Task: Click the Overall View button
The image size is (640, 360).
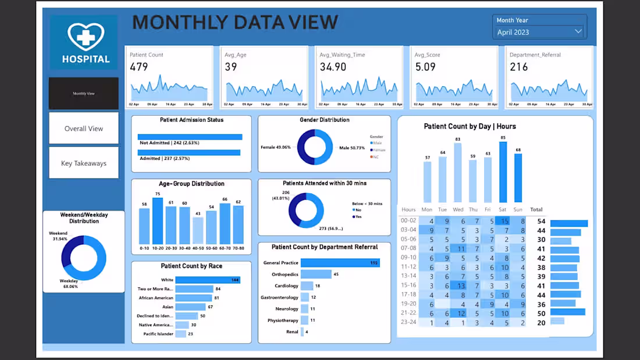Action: click(84, 129)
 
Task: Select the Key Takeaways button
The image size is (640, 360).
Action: click(84, 163)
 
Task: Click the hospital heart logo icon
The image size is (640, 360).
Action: click(86, 36)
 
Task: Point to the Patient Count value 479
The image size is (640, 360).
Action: click(139, 67)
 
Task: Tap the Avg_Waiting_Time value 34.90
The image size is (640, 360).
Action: click(333, 67)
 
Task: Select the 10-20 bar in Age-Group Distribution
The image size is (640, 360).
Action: click(158, 221)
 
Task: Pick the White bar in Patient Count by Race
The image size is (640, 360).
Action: click(208, 280)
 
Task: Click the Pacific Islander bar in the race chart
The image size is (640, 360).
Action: click(181, 334)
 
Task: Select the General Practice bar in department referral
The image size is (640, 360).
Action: click(332, 263)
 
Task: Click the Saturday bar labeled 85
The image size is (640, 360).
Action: click(503, 173)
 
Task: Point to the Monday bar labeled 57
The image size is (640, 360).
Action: click(427, 182)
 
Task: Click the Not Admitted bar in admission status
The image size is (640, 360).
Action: click(190, 137)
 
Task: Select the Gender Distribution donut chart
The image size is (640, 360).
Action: click(315, 147)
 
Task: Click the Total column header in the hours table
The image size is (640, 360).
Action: click(536, 209)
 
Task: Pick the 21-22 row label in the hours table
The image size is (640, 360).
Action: click(408, 312)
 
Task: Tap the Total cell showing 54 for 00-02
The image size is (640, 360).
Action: click(541, 222)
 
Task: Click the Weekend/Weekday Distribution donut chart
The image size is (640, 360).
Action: click(84, 257)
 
